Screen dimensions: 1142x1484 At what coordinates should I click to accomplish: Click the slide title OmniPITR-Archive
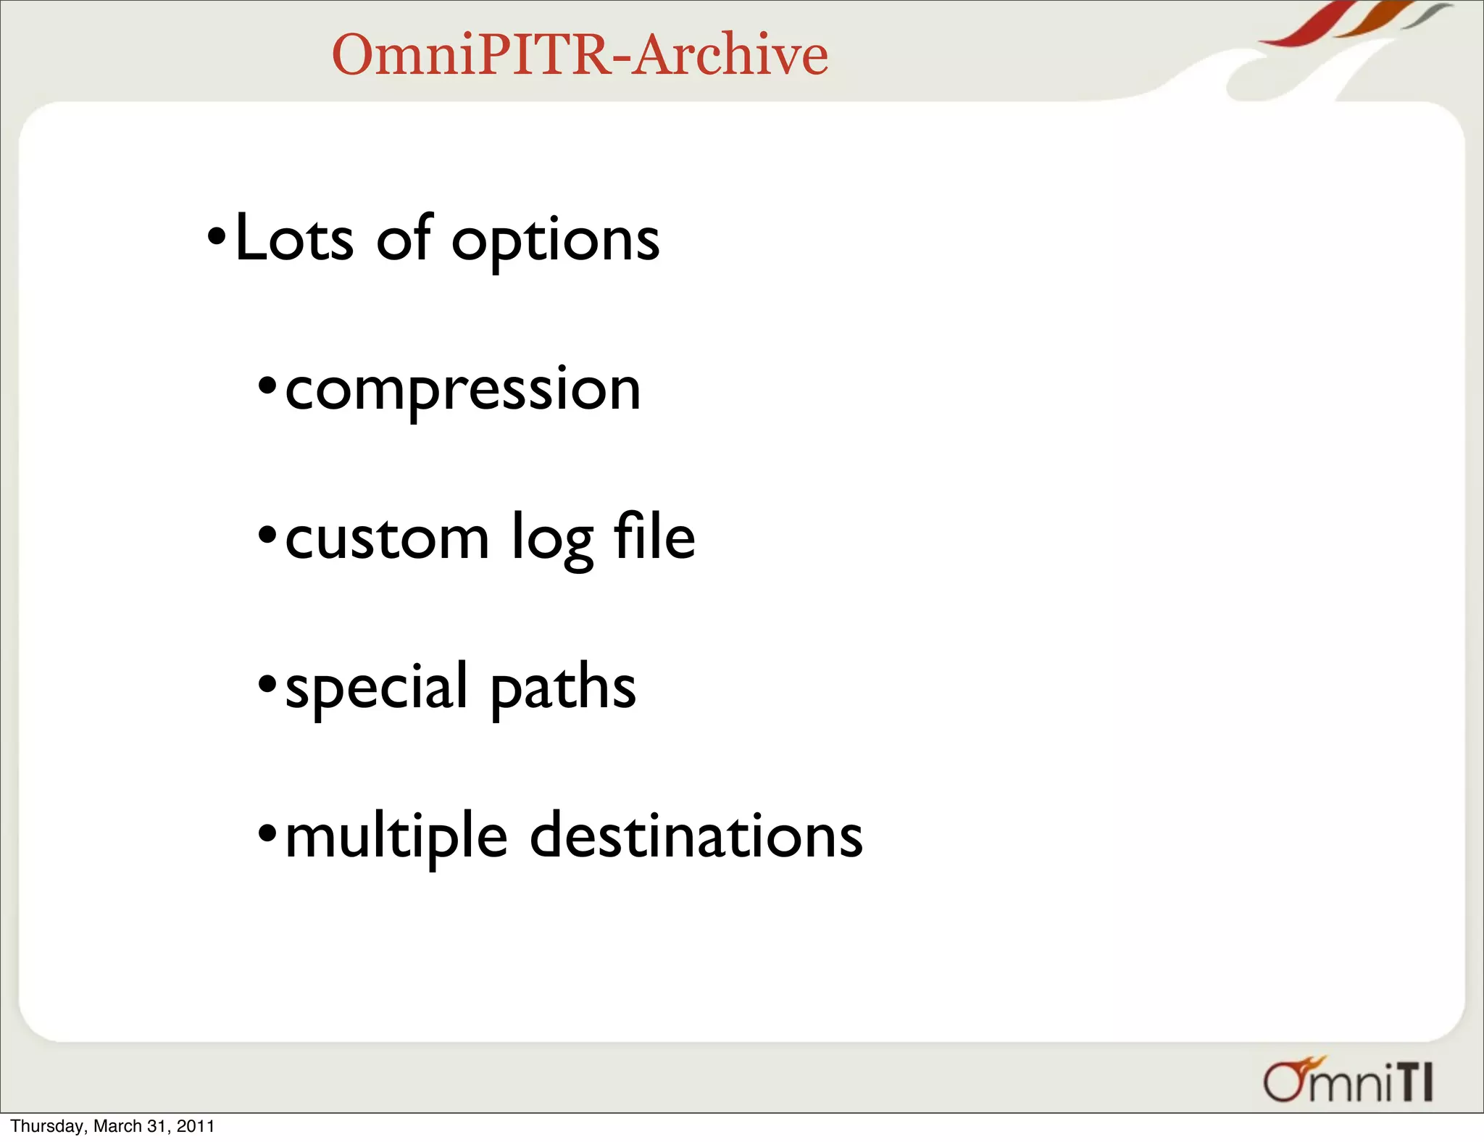point(580,55)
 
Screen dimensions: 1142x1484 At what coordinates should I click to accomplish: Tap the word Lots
point(294,239)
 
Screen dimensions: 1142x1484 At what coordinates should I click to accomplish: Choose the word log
point(552,540)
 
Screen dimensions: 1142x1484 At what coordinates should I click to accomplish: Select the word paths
point(563,688)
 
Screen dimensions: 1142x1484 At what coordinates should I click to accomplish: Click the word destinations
point(696,836)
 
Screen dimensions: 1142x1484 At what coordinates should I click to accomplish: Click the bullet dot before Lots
point(217,236)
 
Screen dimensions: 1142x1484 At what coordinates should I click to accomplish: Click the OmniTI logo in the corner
point(1348,1081)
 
